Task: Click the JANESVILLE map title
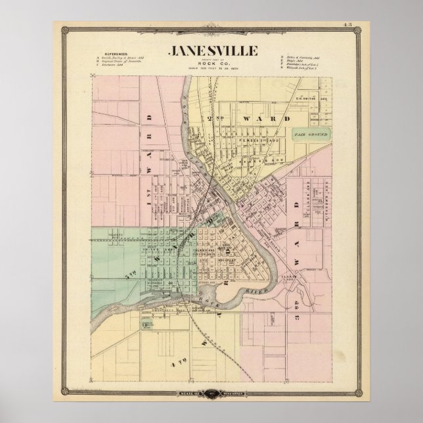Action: pyautogui.click(x=212, y=51)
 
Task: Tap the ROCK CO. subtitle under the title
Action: pyautogui.click(x=212, y=64)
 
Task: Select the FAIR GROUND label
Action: pyautogui.click(x=311, y=134)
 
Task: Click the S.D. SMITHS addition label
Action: pyautogui.click(x=306, y=99)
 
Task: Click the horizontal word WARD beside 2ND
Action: pyautogui.click(x=259, y=119)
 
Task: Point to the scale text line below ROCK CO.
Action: pyautogui.click(x=212, y=70)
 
